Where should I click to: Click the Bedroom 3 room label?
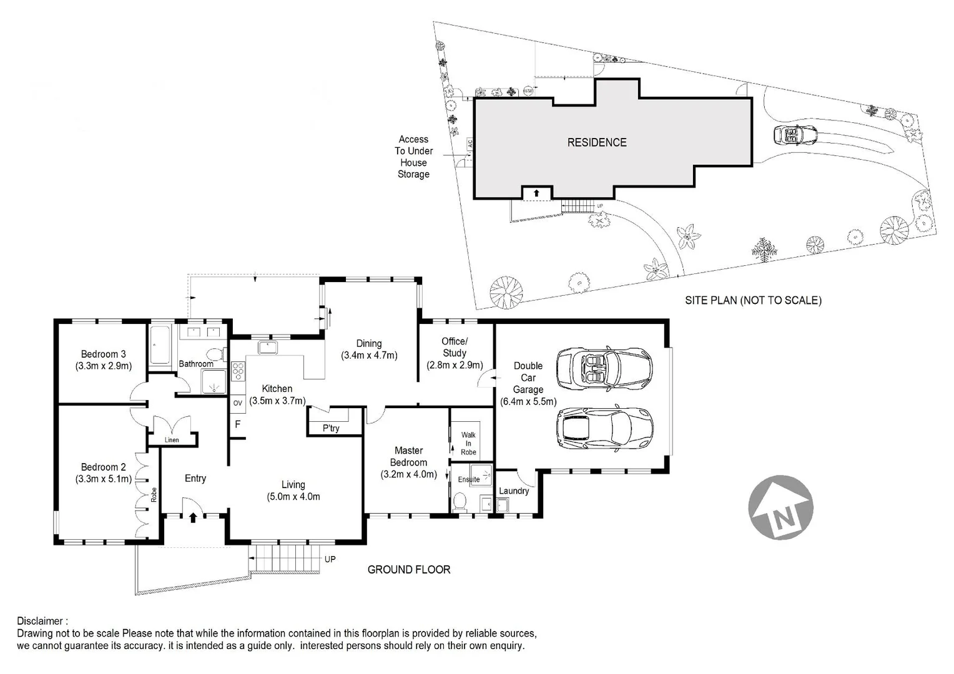[x=103, y=354]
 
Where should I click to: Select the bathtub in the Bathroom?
[x=160, y=345]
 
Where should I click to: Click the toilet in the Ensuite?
[x=461, y=502]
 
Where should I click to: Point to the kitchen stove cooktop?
[x=238, y=371]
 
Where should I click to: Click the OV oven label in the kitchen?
[x=237, y=403]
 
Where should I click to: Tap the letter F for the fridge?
[x=237, y=425]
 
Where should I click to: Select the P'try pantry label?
[x=331, y=428]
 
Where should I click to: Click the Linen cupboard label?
[x=172, y=440]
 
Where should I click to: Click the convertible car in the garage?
[x=604, y=366]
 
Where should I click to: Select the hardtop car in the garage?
[x=604, y=429]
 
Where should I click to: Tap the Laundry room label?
[x=514, y=491]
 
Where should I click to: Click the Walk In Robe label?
[x=468, y=444]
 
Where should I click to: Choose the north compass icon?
[x=780, y=507]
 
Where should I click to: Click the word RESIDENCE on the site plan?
[x=597, y=142]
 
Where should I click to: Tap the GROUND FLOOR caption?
[x=409, y=569]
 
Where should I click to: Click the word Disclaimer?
[x=41, y=621]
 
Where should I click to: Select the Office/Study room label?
[x=454, y=347]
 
